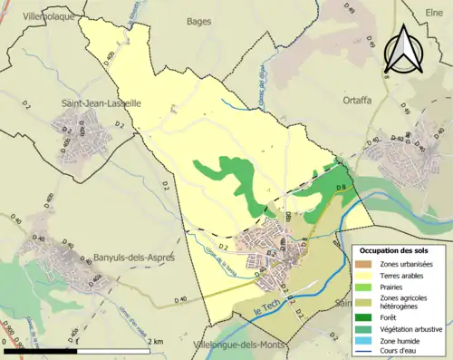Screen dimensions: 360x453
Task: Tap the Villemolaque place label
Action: [39, 16]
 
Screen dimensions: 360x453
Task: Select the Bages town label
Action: [198, 20]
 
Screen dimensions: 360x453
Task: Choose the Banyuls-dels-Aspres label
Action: [135, 257]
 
